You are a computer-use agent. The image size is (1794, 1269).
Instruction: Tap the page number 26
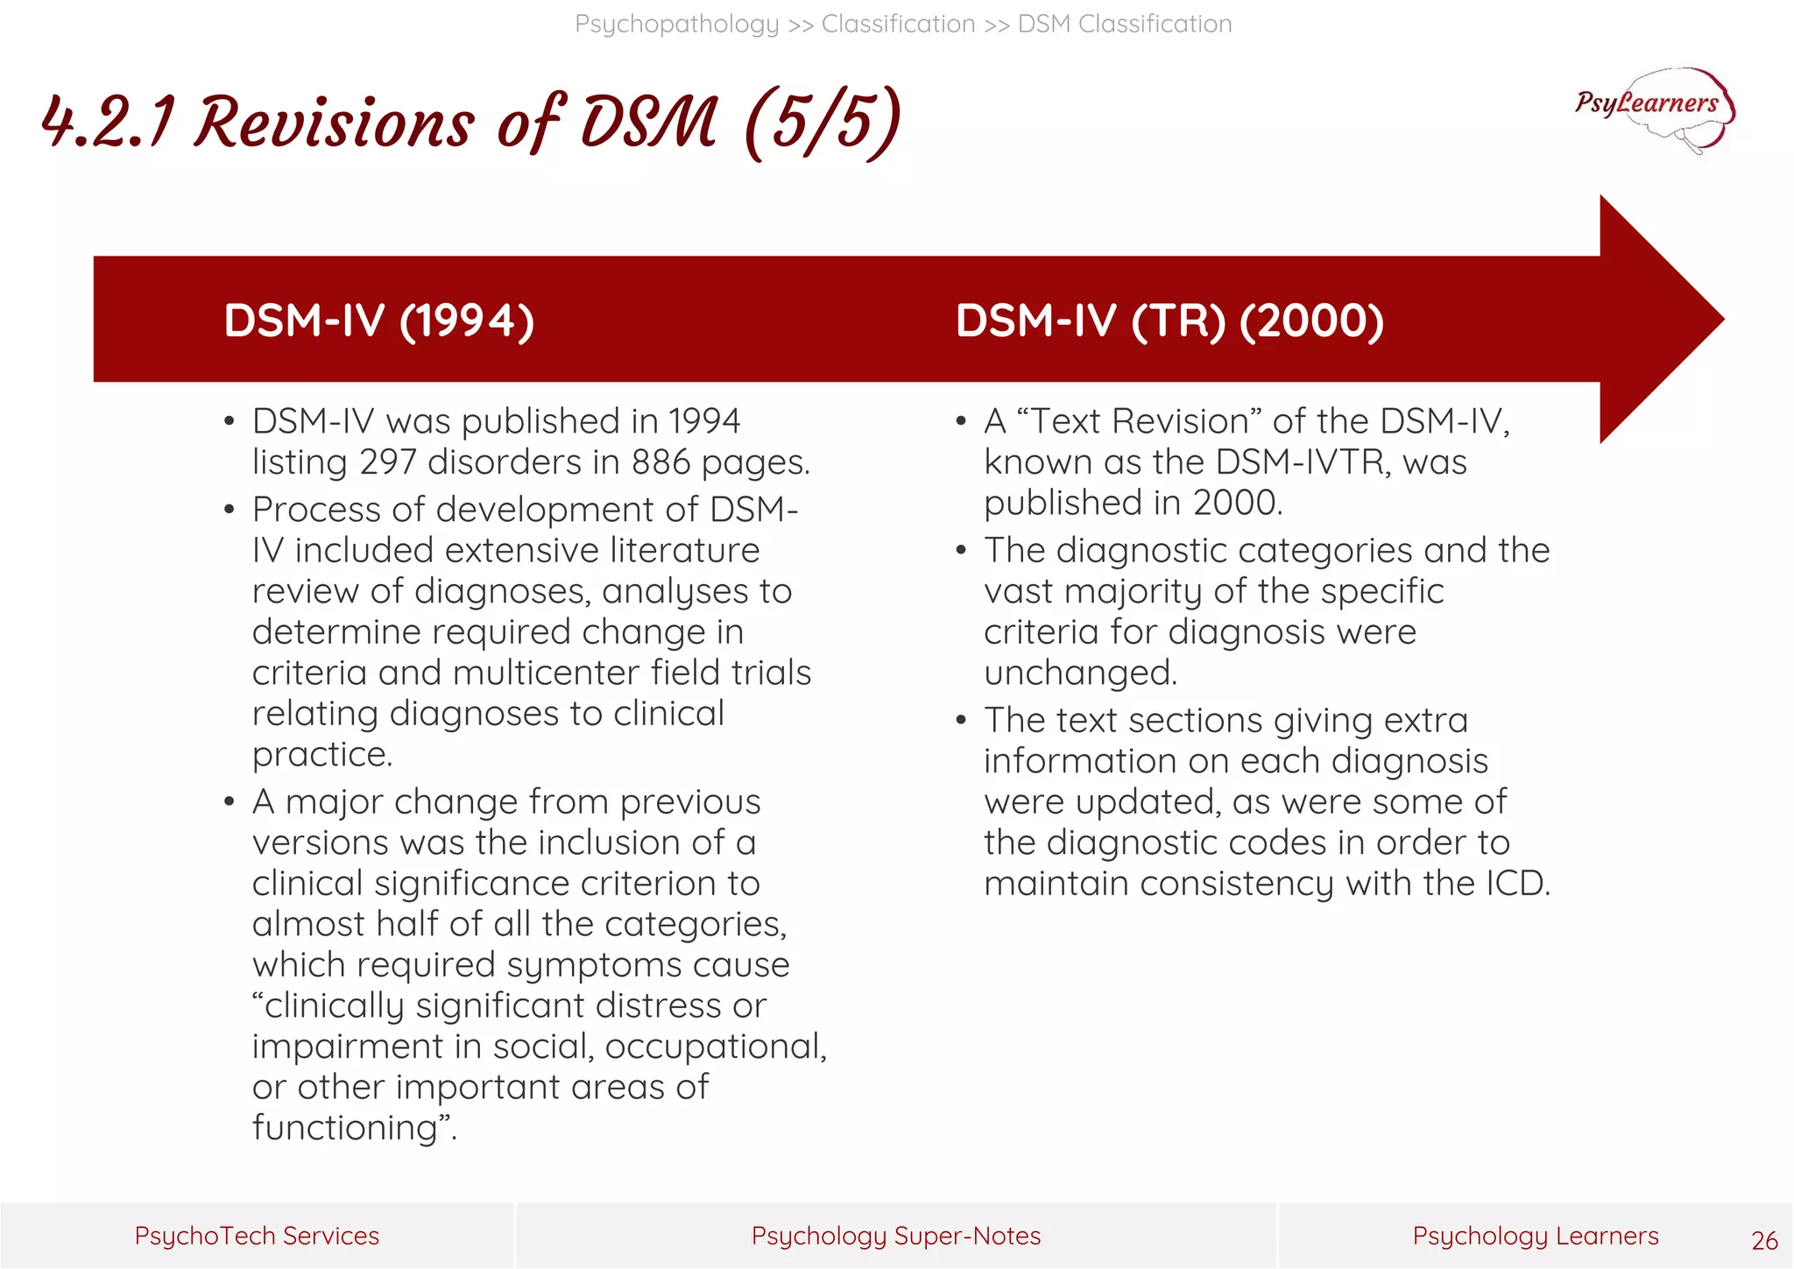[x=1764, y=1240]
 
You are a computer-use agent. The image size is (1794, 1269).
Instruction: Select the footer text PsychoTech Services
[x=257, y=1236]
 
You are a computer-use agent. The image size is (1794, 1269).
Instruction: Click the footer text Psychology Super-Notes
[x=896, y=1236]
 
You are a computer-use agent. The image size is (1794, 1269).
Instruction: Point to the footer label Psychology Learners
[x=1535, y=1236]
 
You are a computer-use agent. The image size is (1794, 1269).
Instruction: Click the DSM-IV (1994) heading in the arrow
[x=378, y=321]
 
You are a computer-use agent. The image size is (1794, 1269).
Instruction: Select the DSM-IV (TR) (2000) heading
[x=1169, y=321]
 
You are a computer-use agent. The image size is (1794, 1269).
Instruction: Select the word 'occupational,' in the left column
[x=715, y=1047]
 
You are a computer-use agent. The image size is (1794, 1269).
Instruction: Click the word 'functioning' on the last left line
[x=343, y=1128]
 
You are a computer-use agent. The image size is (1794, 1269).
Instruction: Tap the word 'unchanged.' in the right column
[x=1080, y=673]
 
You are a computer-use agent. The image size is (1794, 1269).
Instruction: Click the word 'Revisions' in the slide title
[x=334, y=123]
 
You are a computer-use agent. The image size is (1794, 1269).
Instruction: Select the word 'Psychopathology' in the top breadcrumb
[x=676, y=24]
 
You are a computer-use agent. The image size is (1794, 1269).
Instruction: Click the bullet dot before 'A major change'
[x=230, y=802]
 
